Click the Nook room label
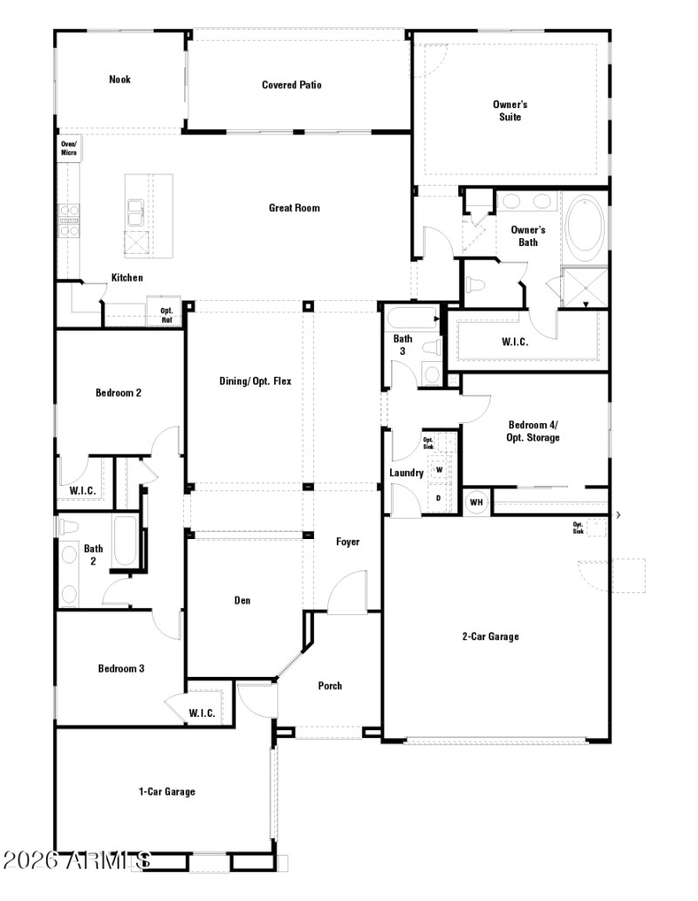(120, 79)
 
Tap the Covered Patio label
(291, 85)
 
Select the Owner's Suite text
(510, 110)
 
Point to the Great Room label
(294, 208)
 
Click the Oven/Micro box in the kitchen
(68, 148)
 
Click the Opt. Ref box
(166, 314)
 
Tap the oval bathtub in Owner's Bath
(585, 225)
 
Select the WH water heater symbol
(476, 502)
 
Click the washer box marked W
(439, 469)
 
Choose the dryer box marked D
(439, 497)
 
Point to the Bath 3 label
(402, 345)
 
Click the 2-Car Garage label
(490, 636)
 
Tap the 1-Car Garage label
(167, 791)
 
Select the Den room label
(243, 600)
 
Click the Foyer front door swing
(347, 591)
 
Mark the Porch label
(330, 686)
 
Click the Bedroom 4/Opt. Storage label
(533, 431)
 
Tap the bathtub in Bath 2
(125, 543)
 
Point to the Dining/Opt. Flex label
(255, 381)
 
